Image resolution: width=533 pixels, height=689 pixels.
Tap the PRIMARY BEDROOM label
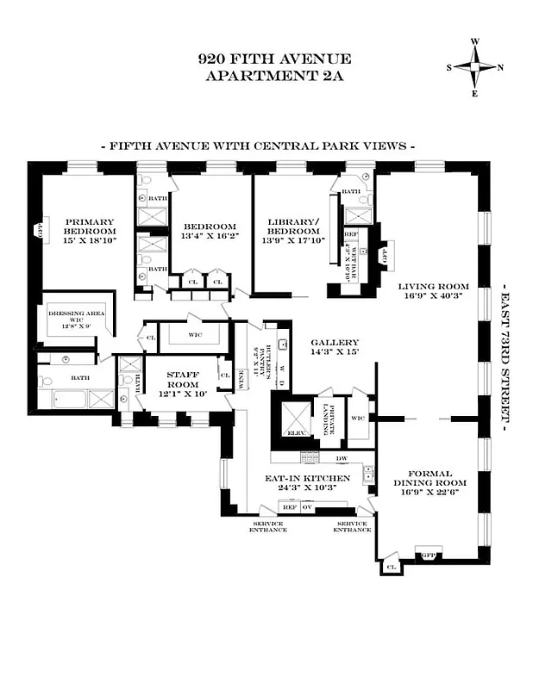(91, 232)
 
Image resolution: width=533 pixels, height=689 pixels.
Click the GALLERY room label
(334, 342)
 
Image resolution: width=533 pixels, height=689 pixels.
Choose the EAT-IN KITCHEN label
(308, 478)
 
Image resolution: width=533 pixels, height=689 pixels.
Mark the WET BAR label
(363, 259)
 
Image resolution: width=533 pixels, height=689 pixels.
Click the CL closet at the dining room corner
(391, 567)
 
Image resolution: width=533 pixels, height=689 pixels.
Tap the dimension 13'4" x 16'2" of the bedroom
(209, 236)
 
